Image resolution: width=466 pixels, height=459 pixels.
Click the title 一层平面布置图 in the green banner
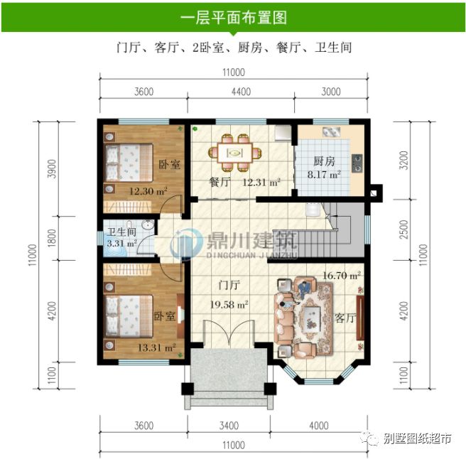click(234, 18)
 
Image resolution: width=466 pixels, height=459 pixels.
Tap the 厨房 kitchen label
click(324, 161)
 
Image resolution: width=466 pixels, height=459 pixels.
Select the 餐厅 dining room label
click(220, 182)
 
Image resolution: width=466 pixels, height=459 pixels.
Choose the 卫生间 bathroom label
click(121, 232)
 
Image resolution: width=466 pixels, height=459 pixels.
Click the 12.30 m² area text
click(148, 191)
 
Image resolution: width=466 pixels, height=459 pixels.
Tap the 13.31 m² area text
click(151, 347)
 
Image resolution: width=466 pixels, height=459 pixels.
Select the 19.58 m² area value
click(229, 305)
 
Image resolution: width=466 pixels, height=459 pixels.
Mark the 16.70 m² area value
click(342, 275)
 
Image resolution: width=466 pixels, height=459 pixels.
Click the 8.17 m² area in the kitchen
click(324, 173)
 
